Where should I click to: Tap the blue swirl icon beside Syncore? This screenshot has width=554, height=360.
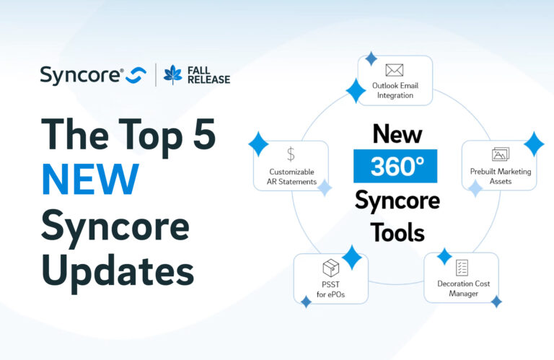click(x=136, y=75)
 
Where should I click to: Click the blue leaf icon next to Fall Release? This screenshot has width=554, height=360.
click(x=173, y=74)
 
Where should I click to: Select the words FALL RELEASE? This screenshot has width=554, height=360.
click(x=208, y=74)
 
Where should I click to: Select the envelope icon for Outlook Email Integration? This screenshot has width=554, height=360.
click(x=394, y=71)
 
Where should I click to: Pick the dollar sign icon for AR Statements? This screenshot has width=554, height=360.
click(x=291, y=154)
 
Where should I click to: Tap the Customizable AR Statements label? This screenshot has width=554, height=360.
click(x=293, y=177)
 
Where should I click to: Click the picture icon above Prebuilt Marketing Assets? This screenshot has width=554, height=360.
click(x=501, y=154)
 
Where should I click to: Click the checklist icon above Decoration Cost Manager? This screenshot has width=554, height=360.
click(x=462, y=268)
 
